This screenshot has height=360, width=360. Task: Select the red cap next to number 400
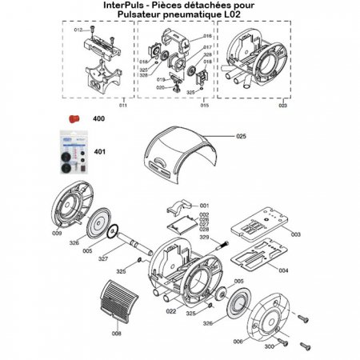point(71,118)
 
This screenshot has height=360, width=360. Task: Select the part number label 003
point(295,234)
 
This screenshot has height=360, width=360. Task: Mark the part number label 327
point(103,259)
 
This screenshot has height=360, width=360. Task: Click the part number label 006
point(237,341)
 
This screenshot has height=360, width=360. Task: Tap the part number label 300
point(268,347)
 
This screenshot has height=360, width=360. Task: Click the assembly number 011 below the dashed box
point(122,106)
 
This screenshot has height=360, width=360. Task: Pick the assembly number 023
point(282,106)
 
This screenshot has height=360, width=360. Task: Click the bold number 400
point(100,118)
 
